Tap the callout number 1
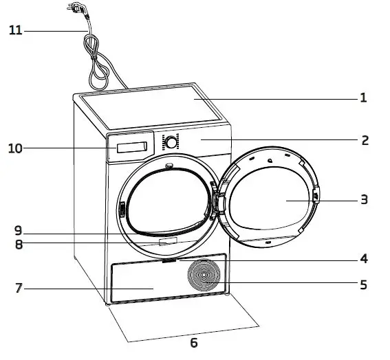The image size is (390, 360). [x=363, y=98]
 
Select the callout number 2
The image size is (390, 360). [x=365, y=141]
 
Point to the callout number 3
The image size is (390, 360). [x=365, y=200]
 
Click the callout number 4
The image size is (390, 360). [x=364, y=259]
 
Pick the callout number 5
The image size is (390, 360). [x=364, y=283]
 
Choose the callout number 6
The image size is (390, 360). [x=193, y=342]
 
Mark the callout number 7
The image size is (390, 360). [x=19, y=289]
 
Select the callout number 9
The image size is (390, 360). [x=19, y=229]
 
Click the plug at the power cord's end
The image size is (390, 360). [x=73, y=8]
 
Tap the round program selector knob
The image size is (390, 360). [x=169, y=142]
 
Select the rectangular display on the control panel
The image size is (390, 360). [x=133, y=148]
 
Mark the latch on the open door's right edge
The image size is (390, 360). [x=316, y=196]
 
